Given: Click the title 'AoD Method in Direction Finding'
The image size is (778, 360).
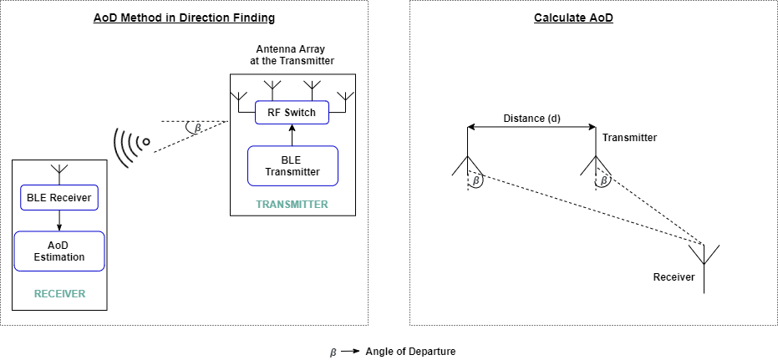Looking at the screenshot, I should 184,18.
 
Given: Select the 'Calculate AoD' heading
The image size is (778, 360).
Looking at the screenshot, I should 573,18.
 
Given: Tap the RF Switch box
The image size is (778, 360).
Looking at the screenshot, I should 292,112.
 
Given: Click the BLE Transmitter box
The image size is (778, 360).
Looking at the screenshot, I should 292,165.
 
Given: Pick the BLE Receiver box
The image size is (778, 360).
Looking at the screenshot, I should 58,198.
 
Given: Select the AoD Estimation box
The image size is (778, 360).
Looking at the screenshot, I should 58,251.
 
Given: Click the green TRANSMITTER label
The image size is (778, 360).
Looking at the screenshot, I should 292,204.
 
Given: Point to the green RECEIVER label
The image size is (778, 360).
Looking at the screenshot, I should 59,294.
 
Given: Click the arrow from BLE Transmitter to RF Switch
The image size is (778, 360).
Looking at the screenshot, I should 292,135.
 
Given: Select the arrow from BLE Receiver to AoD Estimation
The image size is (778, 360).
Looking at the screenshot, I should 58,221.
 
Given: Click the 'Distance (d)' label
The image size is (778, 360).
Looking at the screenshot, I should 531,118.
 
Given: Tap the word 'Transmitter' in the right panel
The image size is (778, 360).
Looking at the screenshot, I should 629,138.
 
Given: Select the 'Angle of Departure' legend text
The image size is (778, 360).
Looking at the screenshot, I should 410,351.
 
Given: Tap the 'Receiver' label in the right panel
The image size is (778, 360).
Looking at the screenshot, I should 674,276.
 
